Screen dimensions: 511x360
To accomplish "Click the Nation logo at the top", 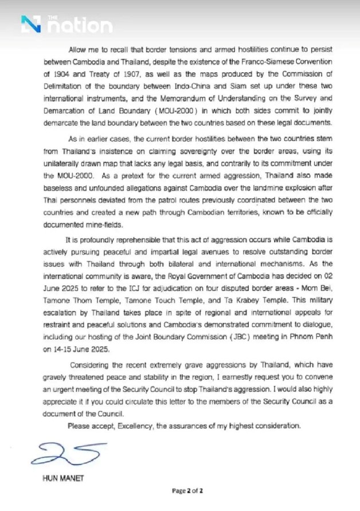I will (66, 24).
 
